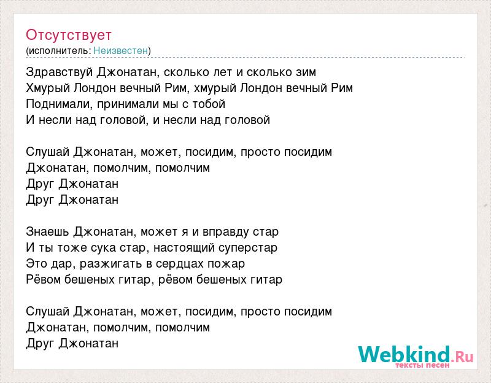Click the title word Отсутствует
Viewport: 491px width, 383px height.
[69, 35]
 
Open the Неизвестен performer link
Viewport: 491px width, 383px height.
[120, 50]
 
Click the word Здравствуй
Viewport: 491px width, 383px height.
[60, 72]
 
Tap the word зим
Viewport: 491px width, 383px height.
[306, 72]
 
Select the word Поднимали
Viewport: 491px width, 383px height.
[59, 104]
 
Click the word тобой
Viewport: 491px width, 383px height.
[209, 104]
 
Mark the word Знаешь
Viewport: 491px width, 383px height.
[48, 232]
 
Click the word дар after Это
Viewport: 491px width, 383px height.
[62, 264]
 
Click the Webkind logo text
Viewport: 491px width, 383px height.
[404, 355]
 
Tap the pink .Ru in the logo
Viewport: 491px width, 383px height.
[462, 357]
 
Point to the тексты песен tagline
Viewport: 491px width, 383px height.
[422, 365]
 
